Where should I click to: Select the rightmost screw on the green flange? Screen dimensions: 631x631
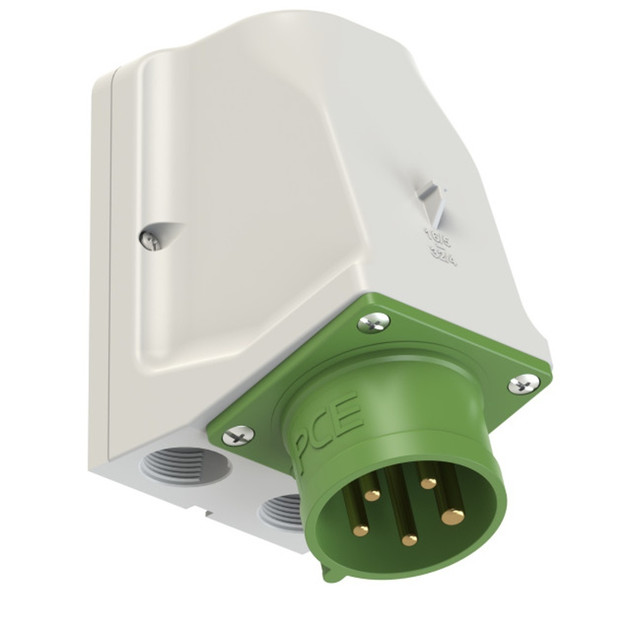pyautogui.click(x=523, y=383)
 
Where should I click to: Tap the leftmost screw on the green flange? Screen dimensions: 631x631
pyautogui.click(x=239, y=435)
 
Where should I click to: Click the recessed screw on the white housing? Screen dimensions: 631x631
pyautogui.click(x=147, y=239)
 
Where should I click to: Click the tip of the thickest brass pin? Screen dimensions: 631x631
pyautogui.click(x=452, y=517)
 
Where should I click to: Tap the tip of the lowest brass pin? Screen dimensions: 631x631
pyautogui.click(x=410, y=540)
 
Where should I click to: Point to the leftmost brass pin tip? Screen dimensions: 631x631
pyautogui.click(x=360, y=530)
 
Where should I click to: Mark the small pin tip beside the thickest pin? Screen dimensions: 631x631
pyautogui.click(x=428, y=483)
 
